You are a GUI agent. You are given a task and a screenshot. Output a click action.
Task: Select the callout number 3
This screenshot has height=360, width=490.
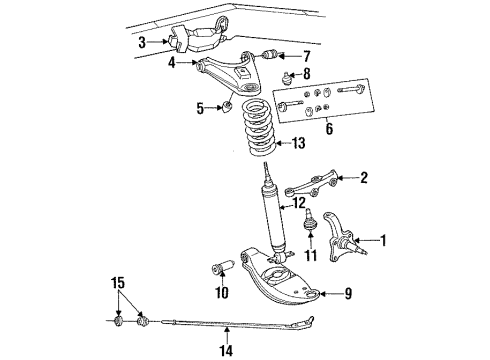(143, 42)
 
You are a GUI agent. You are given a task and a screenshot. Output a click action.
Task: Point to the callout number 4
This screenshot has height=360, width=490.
(172, 63)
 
